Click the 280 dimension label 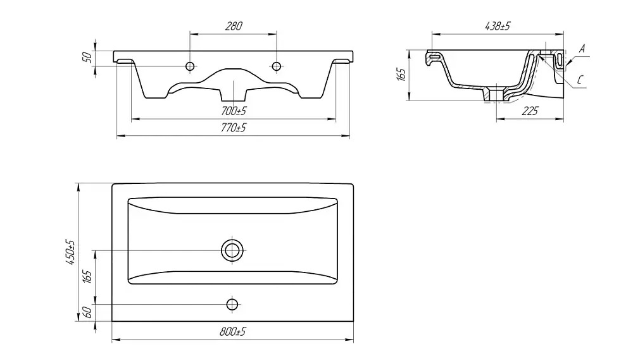point(234,26)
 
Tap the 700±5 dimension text point(234,111)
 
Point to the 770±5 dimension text point(234,128)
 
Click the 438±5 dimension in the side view point(498,26)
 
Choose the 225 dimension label point(530,111)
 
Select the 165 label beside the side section point(401,74)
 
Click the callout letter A point(582,49)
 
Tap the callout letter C point(580,80)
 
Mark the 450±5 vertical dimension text point(70,252)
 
